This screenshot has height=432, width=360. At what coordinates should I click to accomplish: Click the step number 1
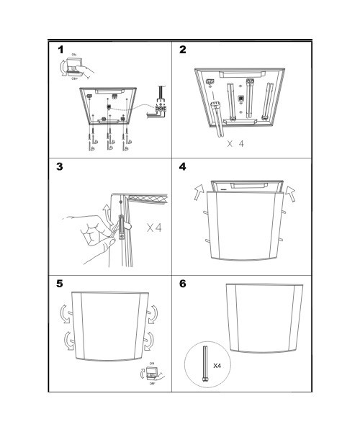pos(62,50)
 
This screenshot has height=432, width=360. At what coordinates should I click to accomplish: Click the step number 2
pos(182,50)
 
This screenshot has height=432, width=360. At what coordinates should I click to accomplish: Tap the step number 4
pos(182,167)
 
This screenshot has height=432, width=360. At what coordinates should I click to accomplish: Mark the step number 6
pos(182,284)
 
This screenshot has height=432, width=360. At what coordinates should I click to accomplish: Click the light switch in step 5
pos(151,373)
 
